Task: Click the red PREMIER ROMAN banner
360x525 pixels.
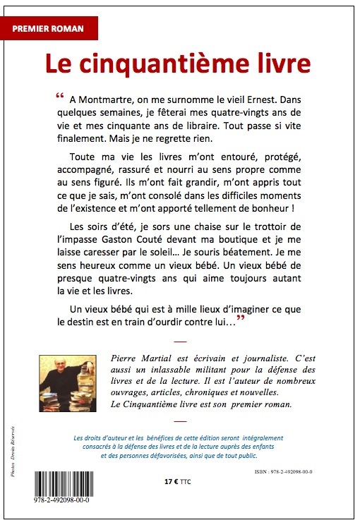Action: click(49, 28)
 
